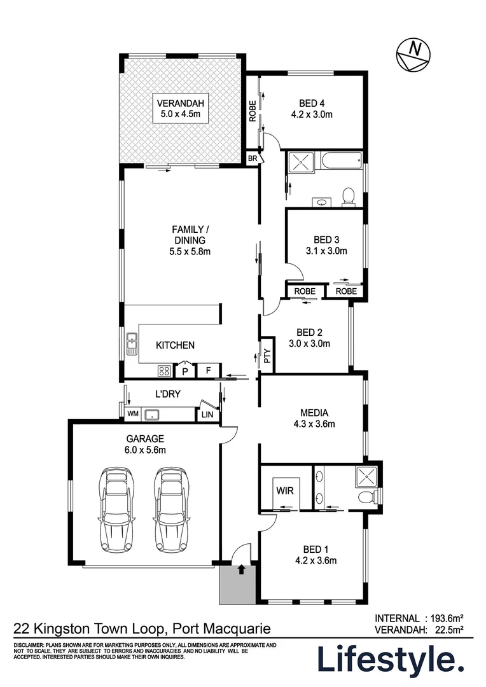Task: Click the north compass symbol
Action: click(413, 54)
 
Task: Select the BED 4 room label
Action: click(312, 109)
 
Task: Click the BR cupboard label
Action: click(253, 158)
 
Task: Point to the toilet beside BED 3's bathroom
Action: click(349, 197)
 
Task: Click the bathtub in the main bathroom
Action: click(341, 160)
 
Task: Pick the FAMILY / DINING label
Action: click(190, 240)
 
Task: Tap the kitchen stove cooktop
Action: click(164, 371)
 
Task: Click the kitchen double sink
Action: click(132, 344)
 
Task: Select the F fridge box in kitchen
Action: click(209, 371)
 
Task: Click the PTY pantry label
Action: click(267, 355)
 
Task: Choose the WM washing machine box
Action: click(133, 413)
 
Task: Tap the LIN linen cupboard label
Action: click(207, 414)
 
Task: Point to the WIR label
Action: click(285, 490)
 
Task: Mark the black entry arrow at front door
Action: click(240, 569)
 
